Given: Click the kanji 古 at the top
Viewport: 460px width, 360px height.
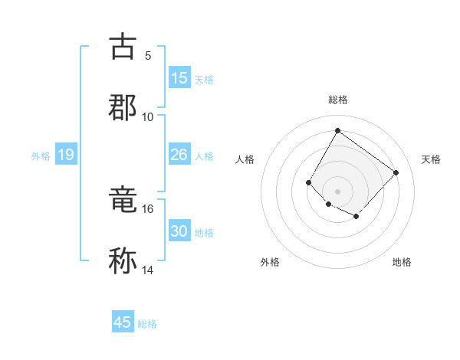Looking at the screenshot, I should click(123, 46).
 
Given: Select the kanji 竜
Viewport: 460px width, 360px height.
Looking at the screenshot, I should click(123, 200).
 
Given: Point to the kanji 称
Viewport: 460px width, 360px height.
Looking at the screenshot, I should click(123, 260).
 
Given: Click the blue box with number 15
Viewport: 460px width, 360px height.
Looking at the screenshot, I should click(179, 78).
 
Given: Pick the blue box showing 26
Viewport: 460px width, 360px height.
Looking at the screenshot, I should click(179, 155).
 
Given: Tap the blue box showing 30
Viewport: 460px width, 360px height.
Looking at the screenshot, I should click(179, 232).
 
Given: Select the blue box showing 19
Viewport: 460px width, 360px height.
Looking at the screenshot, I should click(65, 155).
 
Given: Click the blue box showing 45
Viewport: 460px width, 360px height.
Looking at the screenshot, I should click(123, 322).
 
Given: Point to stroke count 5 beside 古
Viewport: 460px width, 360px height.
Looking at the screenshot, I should click(148, 55).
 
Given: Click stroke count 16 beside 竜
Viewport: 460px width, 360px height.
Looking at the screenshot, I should click(148, 208).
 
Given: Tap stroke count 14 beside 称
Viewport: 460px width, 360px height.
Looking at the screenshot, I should click(148, 270).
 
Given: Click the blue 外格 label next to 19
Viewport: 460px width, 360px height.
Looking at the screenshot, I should click(41, 156).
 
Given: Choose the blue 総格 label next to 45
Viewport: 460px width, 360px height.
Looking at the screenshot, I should click(147, 324).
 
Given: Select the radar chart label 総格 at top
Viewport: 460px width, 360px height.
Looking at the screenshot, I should click(338, 100).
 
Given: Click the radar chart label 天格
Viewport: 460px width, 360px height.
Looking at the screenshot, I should click(431, 159).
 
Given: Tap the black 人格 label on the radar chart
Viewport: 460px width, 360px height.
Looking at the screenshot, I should click(245, 159).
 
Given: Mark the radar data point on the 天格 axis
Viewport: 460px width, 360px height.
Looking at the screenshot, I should click(396, 172).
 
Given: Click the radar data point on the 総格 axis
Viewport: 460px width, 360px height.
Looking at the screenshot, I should click(337, 130).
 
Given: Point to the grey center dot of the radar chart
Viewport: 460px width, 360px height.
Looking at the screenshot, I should click(337, 191).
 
